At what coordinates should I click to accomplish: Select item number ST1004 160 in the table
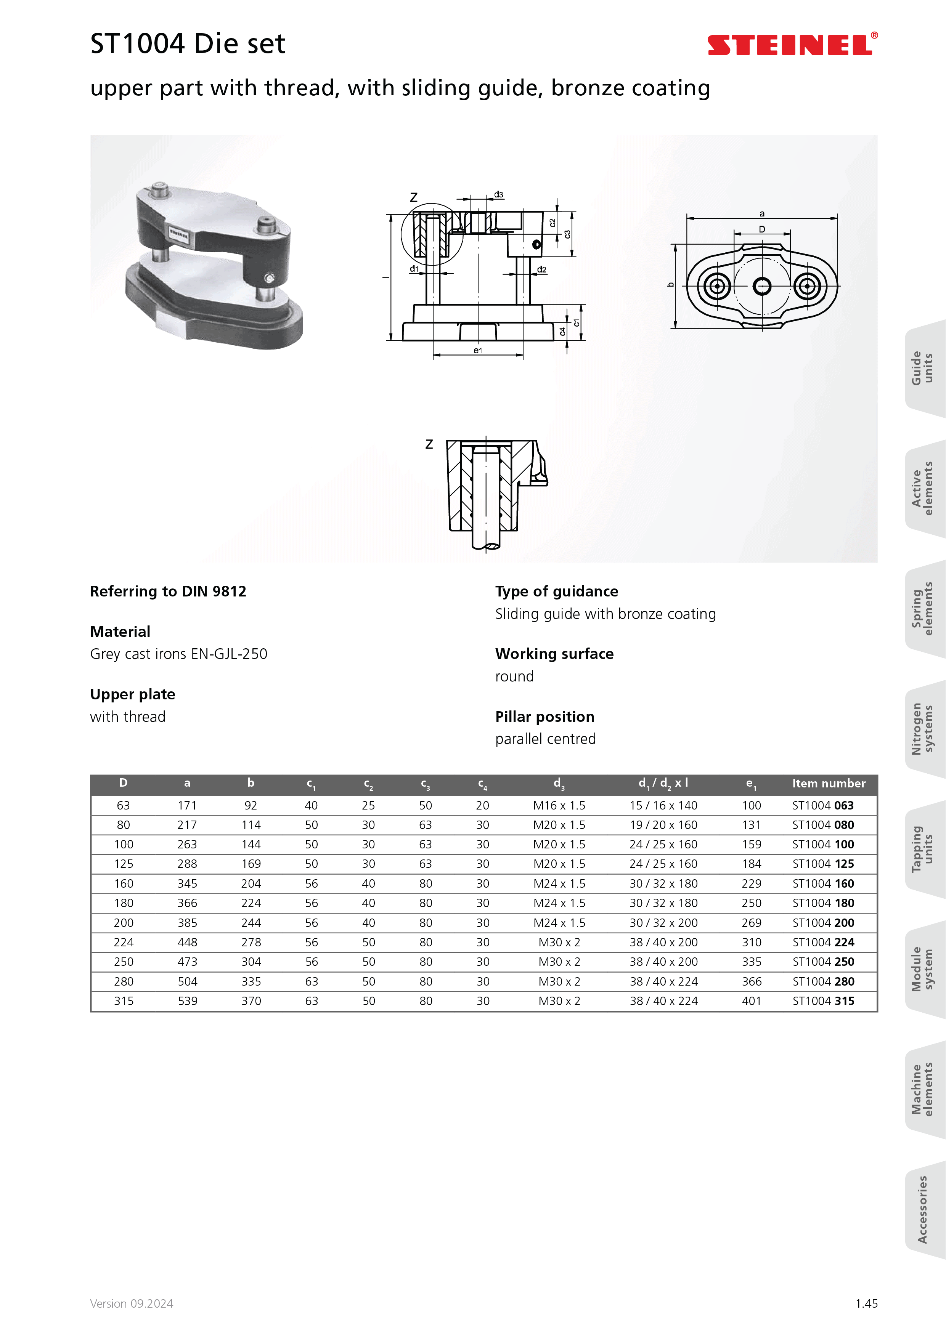point(822,883)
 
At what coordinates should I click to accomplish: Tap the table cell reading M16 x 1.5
point(559,805)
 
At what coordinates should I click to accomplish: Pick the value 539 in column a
point(188,1001)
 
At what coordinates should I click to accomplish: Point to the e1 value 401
point(752,1001)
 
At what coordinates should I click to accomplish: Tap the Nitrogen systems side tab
point(922,729)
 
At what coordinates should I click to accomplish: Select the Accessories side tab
point(922,1209)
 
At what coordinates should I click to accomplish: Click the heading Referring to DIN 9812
point(168,592)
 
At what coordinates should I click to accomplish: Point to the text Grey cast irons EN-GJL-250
point(178,654)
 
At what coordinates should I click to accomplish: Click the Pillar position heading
point(544,717)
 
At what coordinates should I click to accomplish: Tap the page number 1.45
point(866,1304)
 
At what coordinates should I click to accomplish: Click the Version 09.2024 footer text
point(132,1304)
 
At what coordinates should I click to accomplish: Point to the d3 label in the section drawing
point(499,194)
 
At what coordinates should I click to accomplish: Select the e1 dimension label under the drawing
point(478,351)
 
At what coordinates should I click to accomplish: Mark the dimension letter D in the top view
point(762,229)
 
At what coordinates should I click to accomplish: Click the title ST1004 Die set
point(188,44)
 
